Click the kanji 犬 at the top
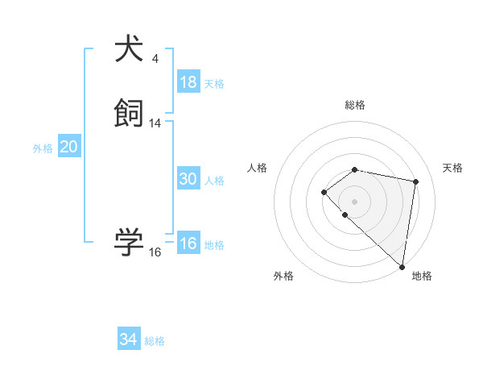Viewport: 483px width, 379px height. [130, 48]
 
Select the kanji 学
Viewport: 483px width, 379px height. [130, 243]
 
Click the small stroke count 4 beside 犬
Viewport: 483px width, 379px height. [155, 58]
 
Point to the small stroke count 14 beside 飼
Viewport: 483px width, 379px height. [155, 123]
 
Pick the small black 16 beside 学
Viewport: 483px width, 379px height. [155, 252]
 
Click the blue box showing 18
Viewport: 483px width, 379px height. [188, 82]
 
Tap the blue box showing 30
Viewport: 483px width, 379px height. [188, 179]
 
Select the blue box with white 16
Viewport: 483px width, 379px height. [188, 244]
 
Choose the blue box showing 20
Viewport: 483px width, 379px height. [69, 147]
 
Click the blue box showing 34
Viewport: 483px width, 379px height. [129, 339]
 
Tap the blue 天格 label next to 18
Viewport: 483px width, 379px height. [214, 84]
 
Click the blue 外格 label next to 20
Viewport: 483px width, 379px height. [43, 148]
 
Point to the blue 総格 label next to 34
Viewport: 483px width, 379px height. [155, 341]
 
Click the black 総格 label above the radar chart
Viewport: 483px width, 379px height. [355, 105]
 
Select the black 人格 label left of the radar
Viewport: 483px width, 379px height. [258, 168]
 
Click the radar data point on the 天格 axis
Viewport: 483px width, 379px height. [416, 181]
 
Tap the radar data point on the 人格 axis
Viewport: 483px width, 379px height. [324, 192]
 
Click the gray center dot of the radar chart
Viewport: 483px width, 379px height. [355, 201]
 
